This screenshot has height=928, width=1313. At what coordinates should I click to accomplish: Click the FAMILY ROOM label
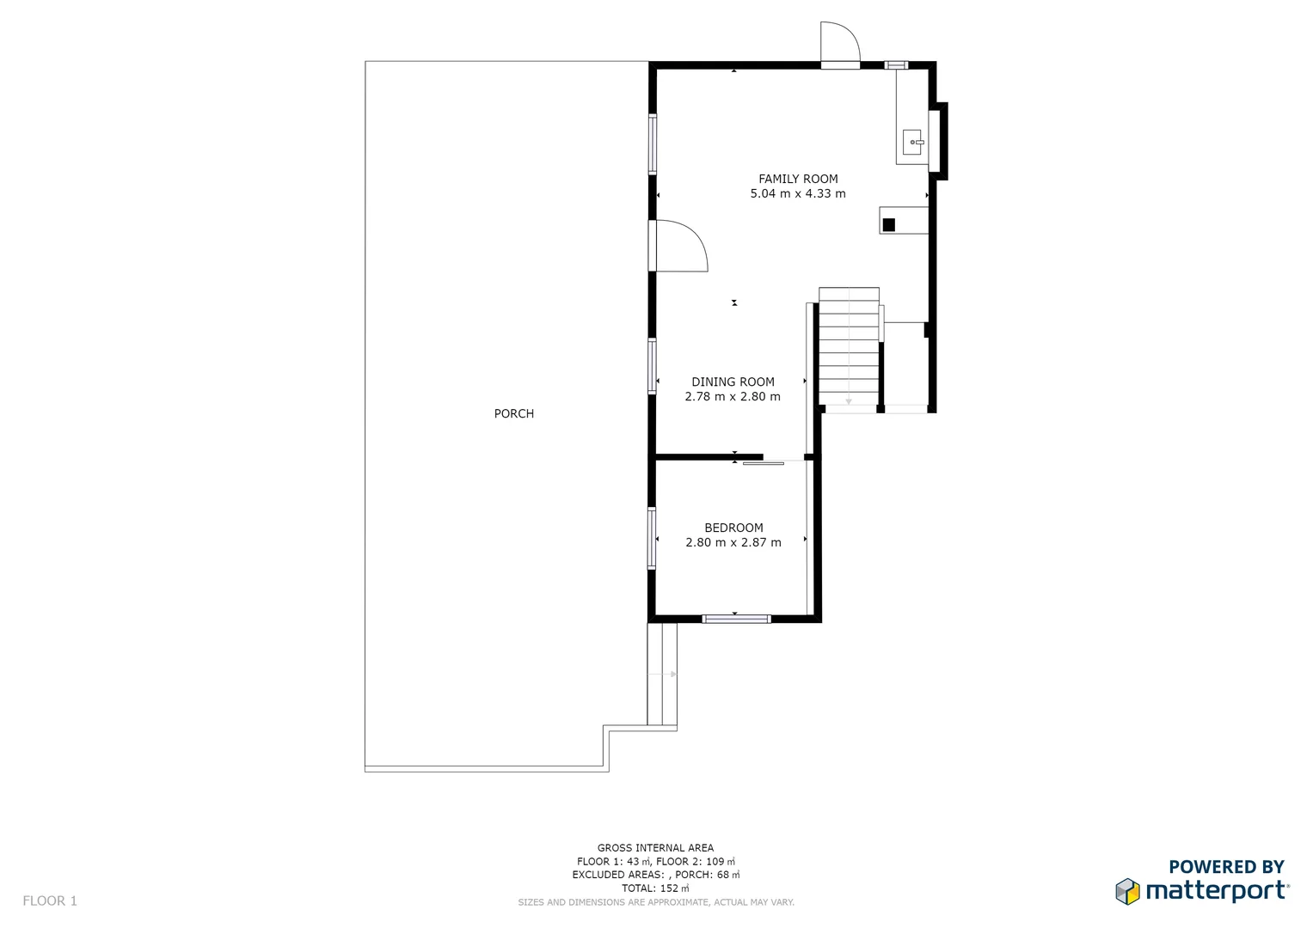(x=797, y=179)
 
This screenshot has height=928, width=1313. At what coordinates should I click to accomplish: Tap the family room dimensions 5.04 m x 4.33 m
(x=797, y=194)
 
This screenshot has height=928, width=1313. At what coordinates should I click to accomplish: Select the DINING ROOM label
(x=733, y=382)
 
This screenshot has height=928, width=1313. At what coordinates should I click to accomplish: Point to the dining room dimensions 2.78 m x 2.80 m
(x=733, y=397)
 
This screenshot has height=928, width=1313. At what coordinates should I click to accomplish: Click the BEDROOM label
(x=733, y=528)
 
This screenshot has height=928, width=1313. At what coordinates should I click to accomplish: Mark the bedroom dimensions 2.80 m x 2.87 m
(x=733, y=543)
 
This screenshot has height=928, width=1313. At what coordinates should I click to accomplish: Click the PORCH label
(x=513, y=413)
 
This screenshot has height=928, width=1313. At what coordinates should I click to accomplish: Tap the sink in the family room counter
(x=912, y=142)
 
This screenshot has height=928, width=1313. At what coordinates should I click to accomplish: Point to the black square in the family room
(x=889, y=225)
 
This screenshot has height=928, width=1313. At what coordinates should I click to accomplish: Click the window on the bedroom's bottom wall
(x=736, y=619)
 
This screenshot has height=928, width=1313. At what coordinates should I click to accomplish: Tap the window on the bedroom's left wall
(x=652, y=539)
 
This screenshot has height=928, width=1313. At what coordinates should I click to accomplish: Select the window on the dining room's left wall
(x=652, y=367)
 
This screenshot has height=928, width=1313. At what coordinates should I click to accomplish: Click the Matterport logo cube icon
(x=1127, y=891)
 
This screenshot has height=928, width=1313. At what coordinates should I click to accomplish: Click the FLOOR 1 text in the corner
(x=50, y=901)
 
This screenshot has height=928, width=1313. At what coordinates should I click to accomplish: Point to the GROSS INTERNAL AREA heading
(x=655, y=848)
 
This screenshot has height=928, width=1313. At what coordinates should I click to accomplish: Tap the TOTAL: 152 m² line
(x=655, y=888)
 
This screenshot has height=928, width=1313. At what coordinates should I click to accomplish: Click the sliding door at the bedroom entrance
(x=764, y=463)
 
